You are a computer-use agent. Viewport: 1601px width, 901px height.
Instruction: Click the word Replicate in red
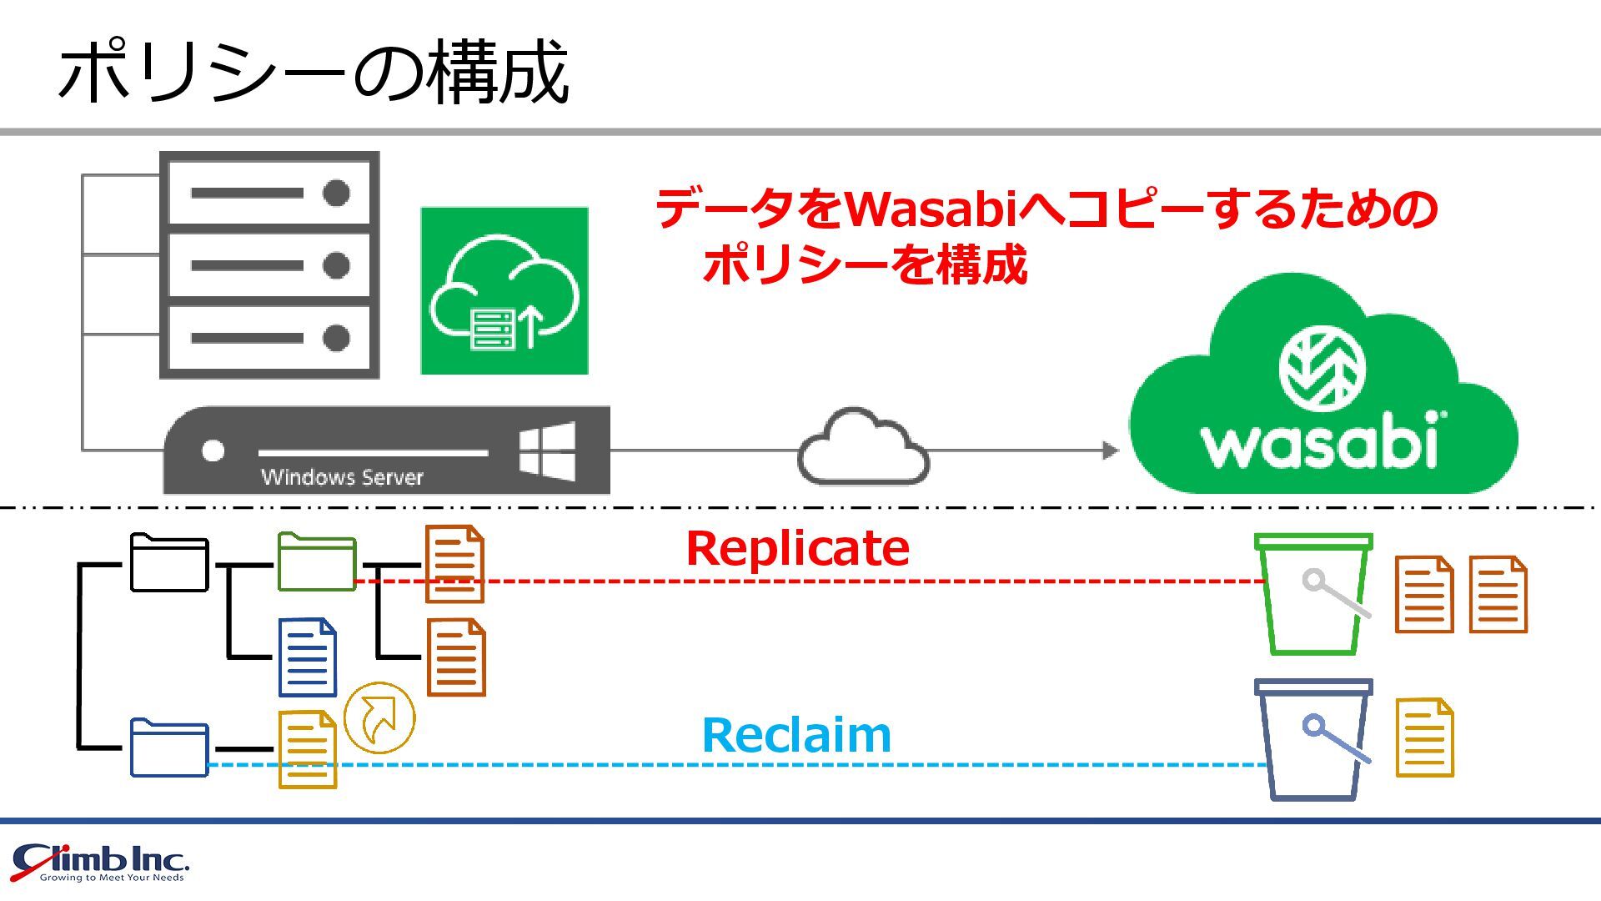pos(797,549)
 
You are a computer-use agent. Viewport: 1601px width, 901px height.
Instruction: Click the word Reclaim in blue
pos(796,736)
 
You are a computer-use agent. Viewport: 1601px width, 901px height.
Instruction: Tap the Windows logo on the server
pos(547,450)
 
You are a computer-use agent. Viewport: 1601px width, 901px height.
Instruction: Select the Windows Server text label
pos(342,477)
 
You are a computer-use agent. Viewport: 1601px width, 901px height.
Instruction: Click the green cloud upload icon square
pos(504,291)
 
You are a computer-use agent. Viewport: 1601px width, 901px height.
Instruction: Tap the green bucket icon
pos(1313,594)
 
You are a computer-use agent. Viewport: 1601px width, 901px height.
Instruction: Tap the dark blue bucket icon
pos(1313,739)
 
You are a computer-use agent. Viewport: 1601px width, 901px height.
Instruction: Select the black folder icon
pos(169,563)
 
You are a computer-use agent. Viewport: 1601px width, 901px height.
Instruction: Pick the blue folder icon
pos(169,747)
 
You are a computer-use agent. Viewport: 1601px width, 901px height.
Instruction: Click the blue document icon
pos(308,657)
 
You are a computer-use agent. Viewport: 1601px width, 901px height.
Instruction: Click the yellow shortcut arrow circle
pos(379,717)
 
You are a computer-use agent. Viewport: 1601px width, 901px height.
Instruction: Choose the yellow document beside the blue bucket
pos(1424,738)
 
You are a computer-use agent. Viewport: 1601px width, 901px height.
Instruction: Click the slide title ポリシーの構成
pos(314,73)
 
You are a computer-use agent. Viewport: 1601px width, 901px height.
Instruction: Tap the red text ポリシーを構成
pos(865,265)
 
